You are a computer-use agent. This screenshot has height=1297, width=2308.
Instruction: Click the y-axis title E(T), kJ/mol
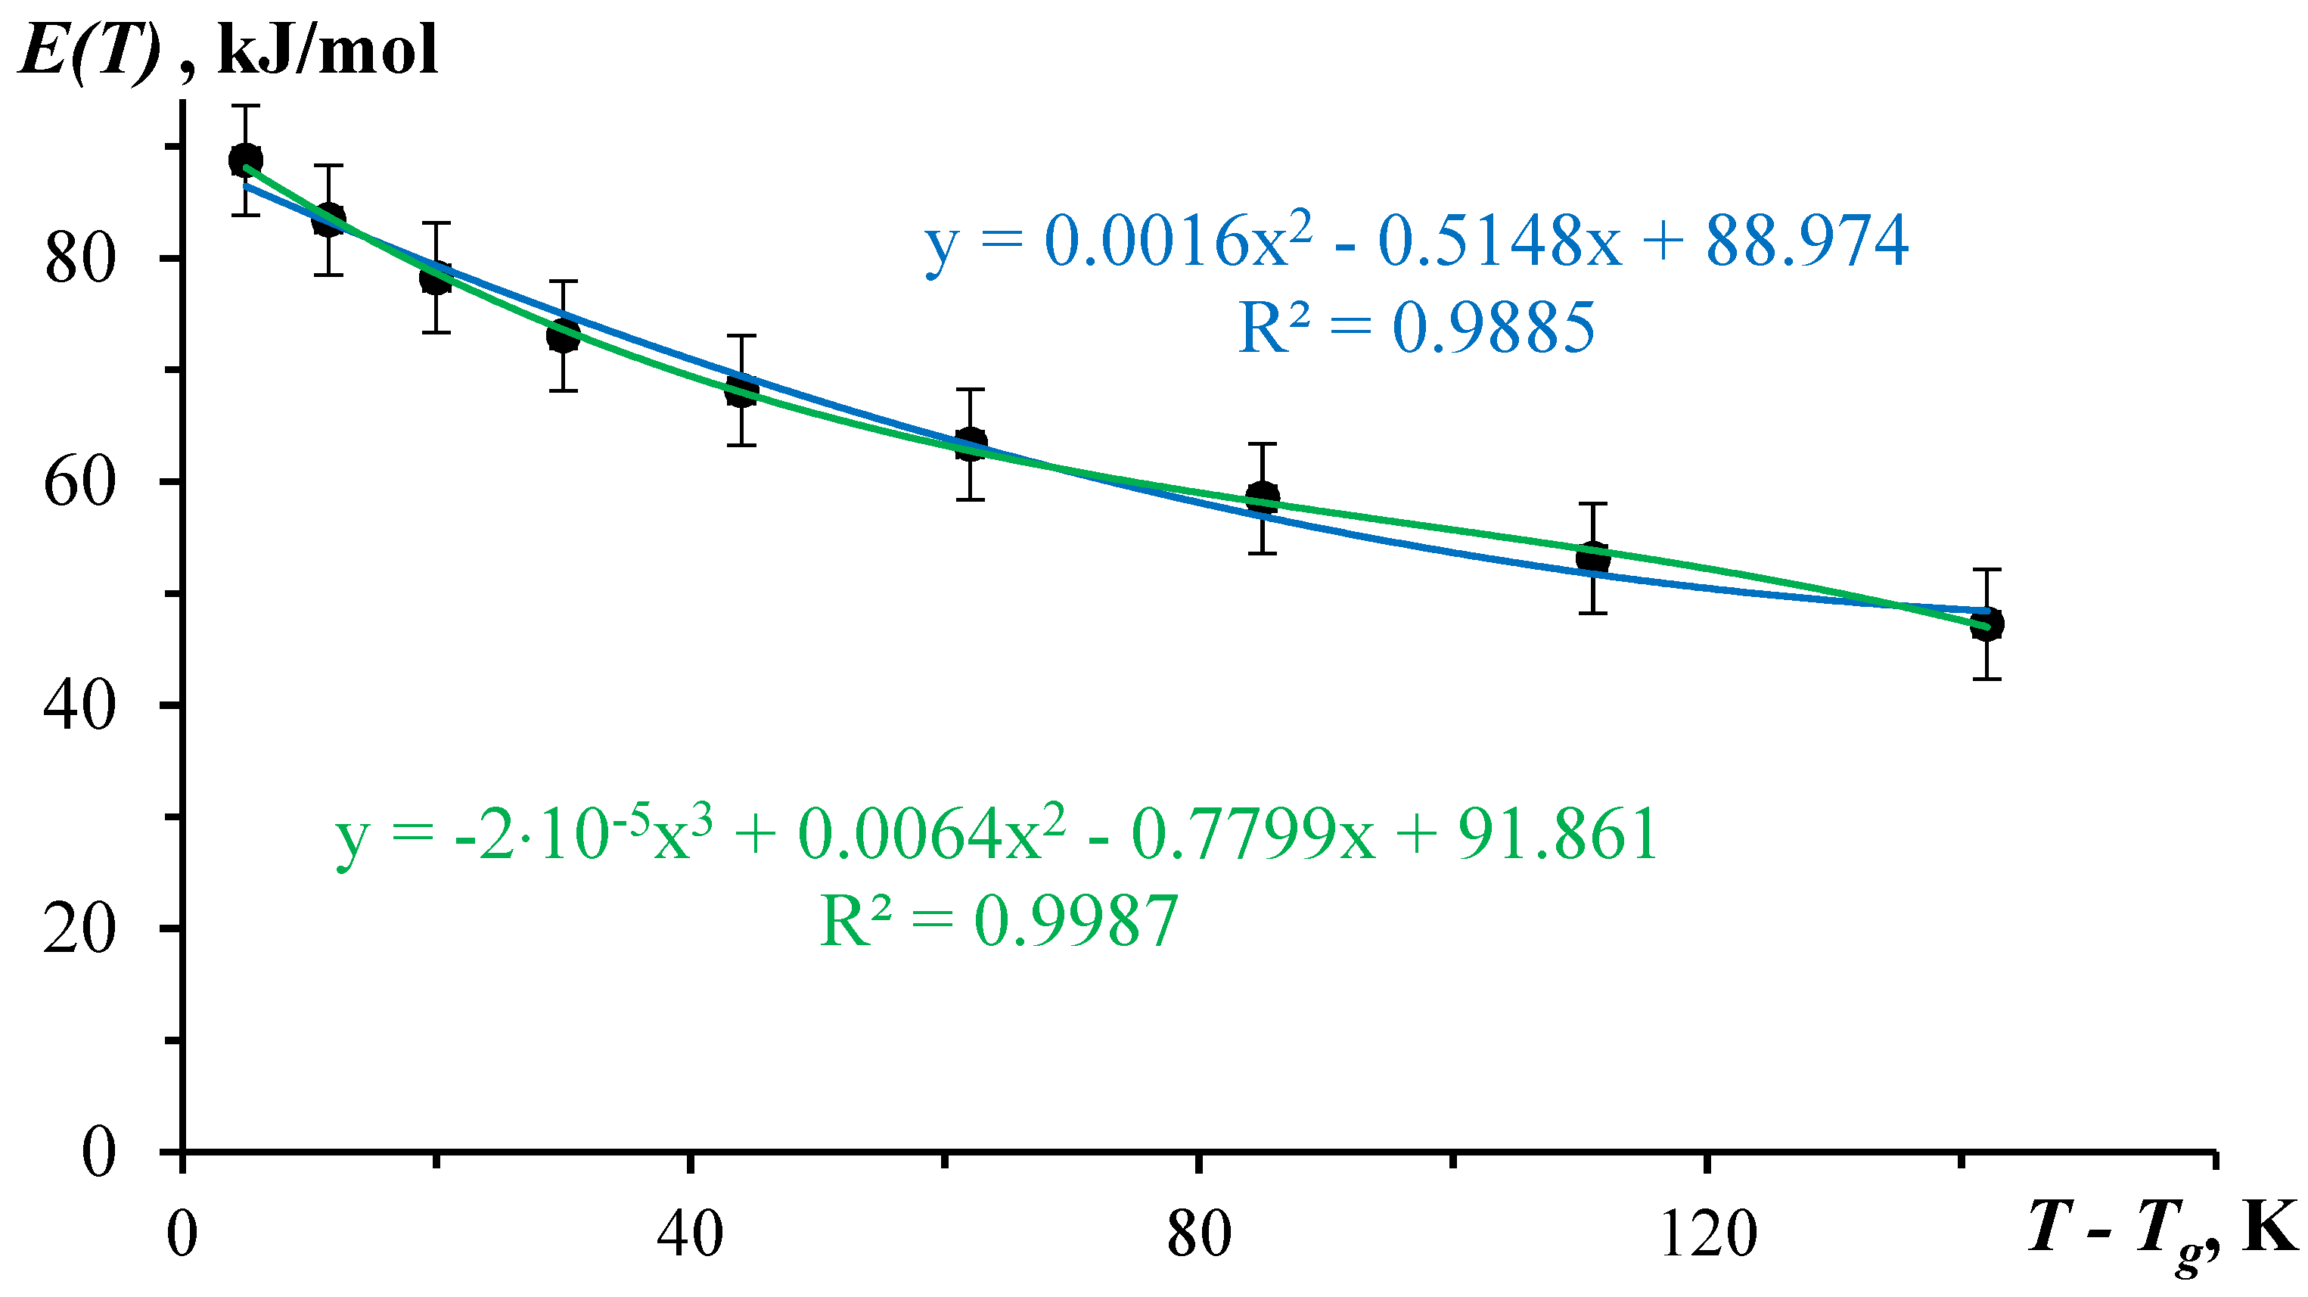pos(229,50)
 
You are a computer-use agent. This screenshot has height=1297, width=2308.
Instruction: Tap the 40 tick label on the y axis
pos(81,705)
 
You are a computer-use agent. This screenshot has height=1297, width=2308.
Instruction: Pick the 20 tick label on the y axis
pos(81,928)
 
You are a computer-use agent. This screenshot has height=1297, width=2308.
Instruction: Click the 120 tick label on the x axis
pos(1707,1235)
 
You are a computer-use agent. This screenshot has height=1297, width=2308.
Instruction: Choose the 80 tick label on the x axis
pos(1199,1235)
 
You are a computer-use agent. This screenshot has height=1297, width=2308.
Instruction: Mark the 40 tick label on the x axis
pos(690,1235)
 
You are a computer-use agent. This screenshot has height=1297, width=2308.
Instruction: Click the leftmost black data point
pos(246,160)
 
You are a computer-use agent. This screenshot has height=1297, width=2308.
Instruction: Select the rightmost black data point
pos(1987,625)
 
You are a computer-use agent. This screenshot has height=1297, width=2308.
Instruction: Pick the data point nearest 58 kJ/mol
pos(1263,499)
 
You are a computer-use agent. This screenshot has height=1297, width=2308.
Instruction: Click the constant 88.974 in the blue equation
pos(1806,241)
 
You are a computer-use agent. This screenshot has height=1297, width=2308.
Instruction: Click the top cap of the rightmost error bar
pos(1987,570)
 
